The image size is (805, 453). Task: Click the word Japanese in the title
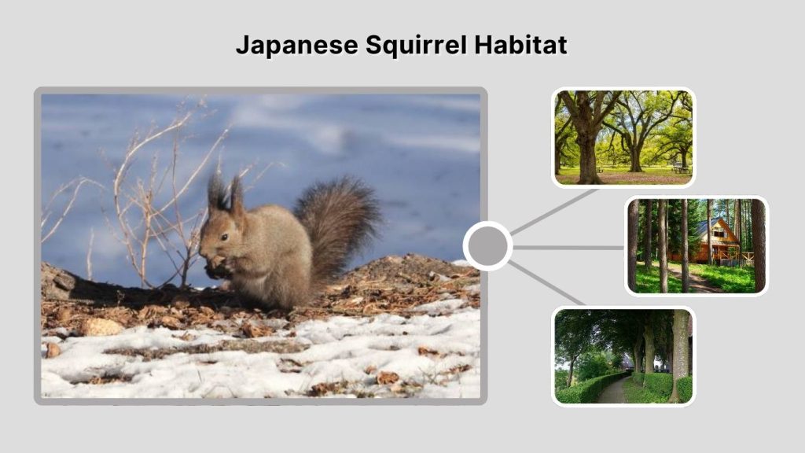(296, 46)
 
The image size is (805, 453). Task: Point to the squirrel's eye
(225, 236)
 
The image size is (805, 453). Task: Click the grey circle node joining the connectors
(487, 246)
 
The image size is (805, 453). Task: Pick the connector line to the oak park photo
(554, 212)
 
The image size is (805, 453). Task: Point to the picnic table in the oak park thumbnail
(680, 168)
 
